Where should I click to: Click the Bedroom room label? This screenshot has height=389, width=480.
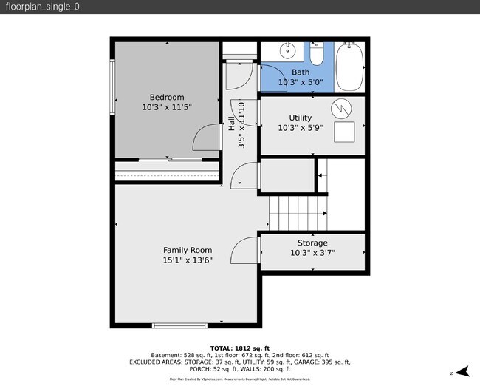[167, 97]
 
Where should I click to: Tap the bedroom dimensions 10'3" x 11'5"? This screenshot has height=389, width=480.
[167, 107]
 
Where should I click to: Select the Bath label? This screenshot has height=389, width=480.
[301, 72]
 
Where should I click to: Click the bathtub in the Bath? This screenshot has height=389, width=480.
[350, 67]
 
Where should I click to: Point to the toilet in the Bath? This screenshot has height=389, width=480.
[317, 55]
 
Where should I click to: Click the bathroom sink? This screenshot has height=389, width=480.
[288, 52]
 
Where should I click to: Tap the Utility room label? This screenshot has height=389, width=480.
[300, 118]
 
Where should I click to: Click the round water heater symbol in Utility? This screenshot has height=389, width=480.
[341, 109]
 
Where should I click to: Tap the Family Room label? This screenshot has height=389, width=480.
[188, 250]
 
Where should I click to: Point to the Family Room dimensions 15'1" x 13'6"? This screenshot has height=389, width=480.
[188, 260]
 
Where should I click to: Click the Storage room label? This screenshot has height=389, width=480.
[312, 243]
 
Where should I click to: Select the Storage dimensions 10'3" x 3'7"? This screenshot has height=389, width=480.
[312, 253]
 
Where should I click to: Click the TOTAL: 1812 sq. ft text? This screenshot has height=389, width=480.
[240, 348]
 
